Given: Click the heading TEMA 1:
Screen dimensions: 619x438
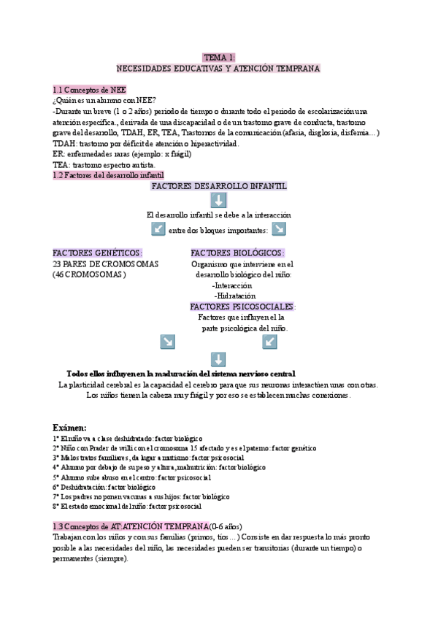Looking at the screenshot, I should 218,57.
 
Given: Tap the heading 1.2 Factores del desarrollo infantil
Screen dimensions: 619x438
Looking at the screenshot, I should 109,176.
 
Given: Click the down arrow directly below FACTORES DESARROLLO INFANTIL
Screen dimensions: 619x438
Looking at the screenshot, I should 218,201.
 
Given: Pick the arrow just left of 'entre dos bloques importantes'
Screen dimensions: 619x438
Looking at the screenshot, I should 158,229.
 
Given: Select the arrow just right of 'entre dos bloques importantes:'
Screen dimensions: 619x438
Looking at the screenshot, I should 278,229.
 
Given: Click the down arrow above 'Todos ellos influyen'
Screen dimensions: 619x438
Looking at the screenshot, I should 218,358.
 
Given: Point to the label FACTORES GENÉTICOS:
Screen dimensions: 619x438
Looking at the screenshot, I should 97,253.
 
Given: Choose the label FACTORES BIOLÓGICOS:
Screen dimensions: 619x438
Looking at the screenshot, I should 237,253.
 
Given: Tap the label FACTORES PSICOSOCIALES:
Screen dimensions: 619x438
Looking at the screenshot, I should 242,307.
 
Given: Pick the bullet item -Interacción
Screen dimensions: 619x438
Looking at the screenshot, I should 234,285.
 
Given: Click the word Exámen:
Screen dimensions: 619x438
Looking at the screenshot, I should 70,427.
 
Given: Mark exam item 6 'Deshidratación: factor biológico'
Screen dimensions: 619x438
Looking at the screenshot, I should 104,486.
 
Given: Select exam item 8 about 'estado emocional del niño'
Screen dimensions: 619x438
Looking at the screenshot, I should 127,506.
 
